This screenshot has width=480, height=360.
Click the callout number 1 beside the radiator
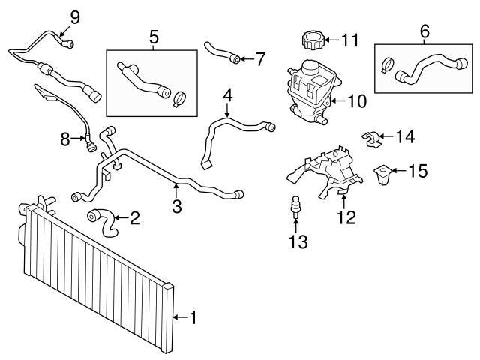(x=193, y=318)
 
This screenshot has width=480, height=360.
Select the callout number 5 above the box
(x=154, y=36)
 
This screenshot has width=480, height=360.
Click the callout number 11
(x=351, y=40)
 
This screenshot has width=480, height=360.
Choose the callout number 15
(x=417, y=172)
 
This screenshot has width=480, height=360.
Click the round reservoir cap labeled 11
(x=310, y=39)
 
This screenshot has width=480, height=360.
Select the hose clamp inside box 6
(x=390, y=65)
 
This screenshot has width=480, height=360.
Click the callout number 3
(x=177, y=205)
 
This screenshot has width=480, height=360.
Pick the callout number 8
(x=65, y=138)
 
